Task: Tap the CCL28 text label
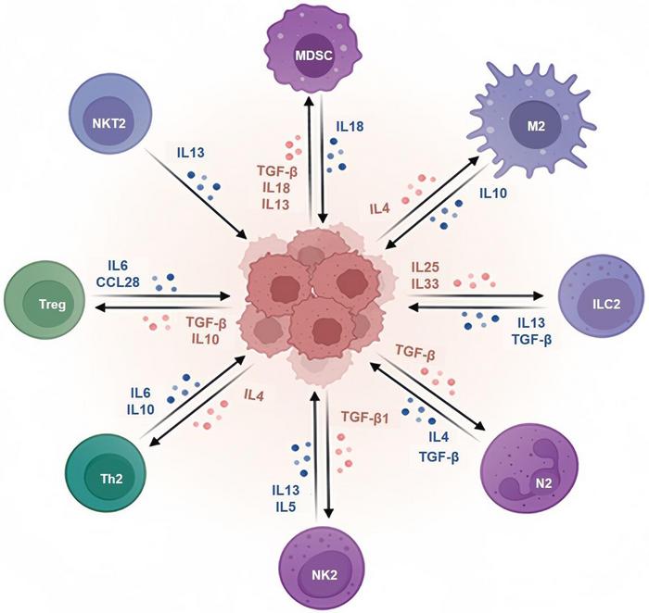124,281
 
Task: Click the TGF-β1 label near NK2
365,417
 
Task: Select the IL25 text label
427,268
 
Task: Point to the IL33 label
427,283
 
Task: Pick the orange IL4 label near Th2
254,395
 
